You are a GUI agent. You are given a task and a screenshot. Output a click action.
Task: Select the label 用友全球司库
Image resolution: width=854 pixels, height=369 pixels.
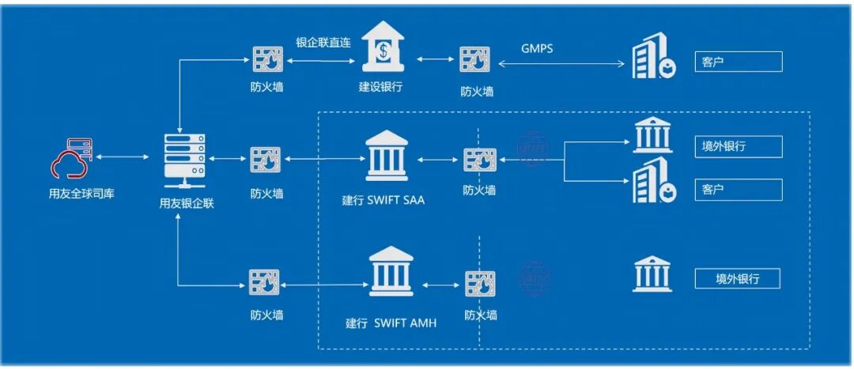point(81,193)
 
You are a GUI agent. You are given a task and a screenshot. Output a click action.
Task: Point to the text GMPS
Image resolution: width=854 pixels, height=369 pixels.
point(537,48)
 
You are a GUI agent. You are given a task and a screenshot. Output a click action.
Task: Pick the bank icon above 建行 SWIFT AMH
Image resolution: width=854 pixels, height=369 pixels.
point(391,270)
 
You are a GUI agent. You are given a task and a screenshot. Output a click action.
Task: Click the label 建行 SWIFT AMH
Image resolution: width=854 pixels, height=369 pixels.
point(391,322)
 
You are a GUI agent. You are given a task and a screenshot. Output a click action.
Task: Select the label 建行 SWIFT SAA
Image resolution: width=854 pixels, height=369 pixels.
point(384,200)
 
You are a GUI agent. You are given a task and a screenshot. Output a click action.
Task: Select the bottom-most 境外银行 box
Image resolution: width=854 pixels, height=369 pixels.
point(737,279)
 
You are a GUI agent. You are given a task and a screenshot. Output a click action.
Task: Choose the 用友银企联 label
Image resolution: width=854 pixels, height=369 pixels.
point(187,203)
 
